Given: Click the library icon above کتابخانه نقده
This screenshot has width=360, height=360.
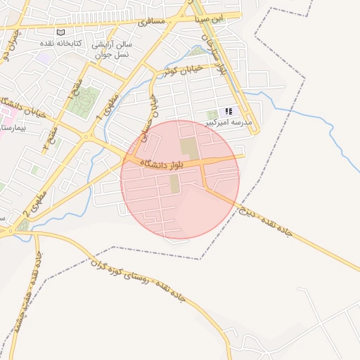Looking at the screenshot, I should click(x=60, y=33).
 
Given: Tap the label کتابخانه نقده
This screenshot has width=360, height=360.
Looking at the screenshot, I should click(x=60, y=43).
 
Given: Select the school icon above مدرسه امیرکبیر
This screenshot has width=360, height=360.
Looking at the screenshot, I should click(x=228, y=112).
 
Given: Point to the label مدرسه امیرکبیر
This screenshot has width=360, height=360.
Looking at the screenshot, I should click(x=228, y=122).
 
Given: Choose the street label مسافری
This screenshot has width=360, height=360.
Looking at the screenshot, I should click(x=152, y=22).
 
